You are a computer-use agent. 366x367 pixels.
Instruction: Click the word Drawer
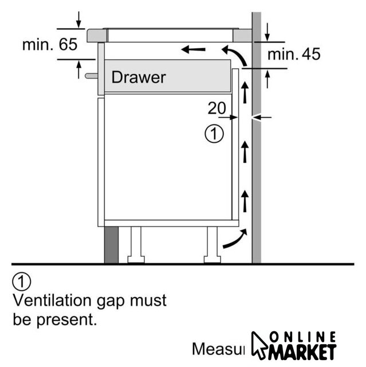pyautogui.click(x=138, y=77)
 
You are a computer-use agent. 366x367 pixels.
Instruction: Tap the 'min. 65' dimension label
pyautogui.click(x=49, y=44)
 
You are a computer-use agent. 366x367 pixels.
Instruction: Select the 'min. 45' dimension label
pyautogui.click(x=294, y=54)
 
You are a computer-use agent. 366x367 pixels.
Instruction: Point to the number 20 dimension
pyautogui.click(x=217, y=108)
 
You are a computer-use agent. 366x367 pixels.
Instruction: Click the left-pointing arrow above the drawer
pyautogui.click(x=193, y=50)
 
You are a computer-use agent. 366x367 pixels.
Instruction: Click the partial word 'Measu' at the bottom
pyautogui.click(x=218, y=349)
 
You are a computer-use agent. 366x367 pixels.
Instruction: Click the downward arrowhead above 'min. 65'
pyautogui.click(x=78, y=24)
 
